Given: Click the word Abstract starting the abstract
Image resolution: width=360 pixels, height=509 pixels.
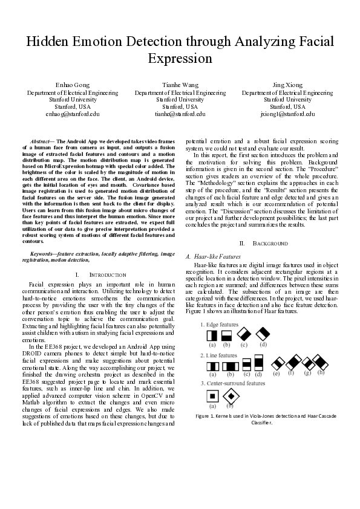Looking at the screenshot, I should [41, 140].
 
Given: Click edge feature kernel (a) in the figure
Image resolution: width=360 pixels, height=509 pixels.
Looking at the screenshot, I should [213, 334].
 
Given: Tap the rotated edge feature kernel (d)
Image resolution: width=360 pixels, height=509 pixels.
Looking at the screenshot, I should [263, 333].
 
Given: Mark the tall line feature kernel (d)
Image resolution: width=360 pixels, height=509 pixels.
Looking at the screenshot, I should [258, 363].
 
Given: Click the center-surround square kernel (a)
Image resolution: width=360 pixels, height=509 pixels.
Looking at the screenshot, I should [212, 395].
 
